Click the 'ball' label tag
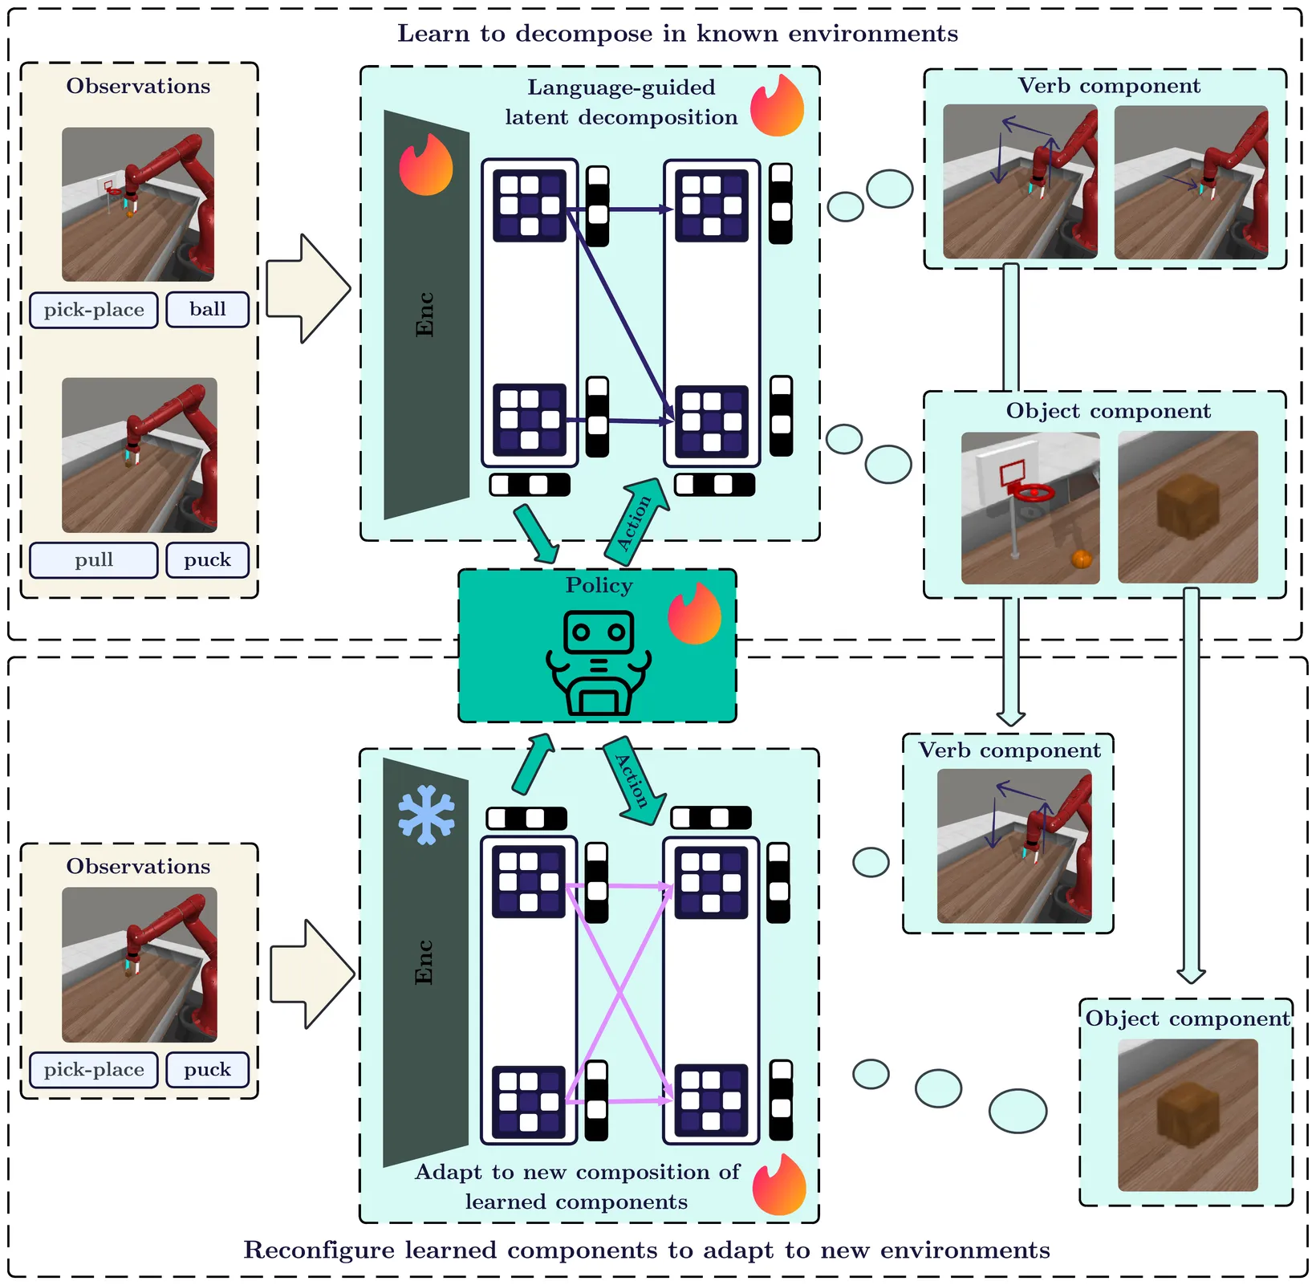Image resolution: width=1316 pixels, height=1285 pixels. tap(208, 310)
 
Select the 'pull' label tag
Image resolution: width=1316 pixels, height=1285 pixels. tap(94, 560)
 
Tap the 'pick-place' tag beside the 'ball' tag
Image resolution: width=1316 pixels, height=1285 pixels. tap(94, 310)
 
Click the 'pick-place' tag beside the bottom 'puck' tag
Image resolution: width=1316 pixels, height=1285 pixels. tap(94, 1070)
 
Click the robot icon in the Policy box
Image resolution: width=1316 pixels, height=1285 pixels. tap(599, 663)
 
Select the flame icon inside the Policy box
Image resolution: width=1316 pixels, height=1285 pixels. tap(695, 613)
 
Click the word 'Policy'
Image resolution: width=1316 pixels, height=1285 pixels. tap(599, 585)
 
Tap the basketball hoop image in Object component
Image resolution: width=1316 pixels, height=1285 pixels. tap(1030, 508)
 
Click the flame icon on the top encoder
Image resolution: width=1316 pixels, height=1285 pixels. tap(426, 164)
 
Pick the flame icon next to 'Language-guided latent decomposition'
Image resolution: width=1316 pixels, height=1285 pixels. tap(778, 105)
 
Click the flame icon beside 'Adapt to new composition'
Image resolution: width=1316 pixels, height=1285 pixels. tap(779, 1184)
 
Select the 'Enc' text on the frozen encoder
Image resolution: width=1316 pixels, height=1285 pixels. tap(424, 962)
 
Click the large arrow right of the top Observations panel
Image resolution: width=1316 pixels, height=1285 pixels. tap(308, 289)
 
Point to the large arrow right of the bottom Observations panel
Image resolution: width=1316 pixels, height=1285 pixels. tap(312, 974)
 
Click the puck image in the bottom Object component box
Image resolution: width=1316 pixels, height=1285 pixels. tap(1188, 1115)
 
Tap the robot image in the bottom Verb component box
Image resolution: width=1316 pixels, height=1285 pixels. tap(1014, 846)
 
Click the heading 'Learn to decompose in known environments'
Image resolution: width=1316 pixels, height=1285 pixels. tap(678, 34)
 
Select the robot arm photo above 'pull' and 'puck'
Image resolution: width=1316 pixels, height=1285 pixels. tap(140, 455)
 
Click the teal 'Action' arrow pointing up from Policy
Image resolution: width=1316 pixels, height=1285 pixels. tap(636, 516)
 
